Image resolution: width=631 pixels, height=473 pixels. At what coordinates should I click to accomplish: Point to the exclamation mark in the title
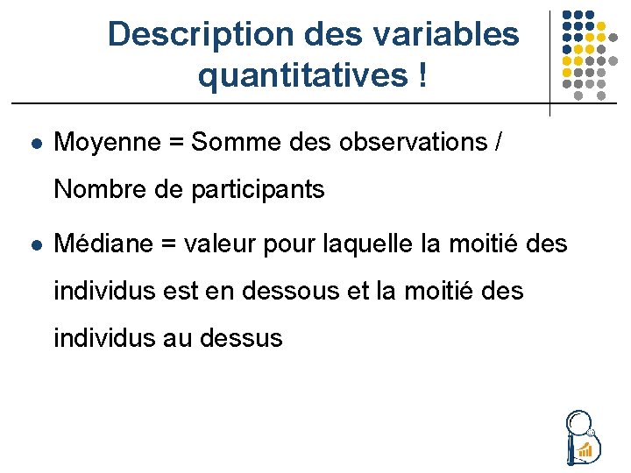point(423,76)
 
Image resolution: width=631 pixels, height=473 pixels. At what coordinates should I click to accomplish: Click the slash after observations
point(498,142)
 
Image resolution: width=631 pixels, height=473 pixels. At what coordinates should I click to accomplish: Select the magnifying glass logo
point(580,435)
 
